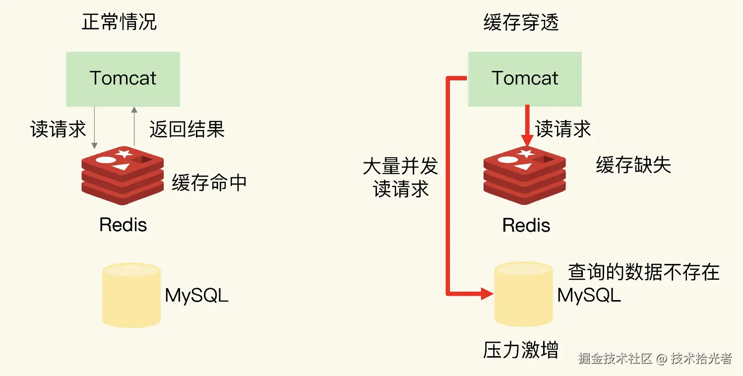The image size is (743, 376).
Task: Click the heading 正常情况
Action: click(x=120, y=22)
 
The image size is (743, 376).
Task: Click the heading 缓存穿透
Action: click(x=521, y=22)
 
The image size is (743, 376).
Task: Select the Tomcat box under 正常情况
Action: click(x=123, y=78)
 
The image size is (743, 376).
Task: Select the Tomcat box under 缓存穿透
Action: click(x=525, y=78)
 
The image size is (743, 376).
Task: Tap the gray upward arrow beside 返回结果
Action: click(x=133, y=126)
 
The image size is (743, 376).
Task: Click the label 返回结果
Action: click(x=187, y=129)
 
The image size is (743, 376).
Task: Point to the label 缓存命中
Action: click(x=209, y=183)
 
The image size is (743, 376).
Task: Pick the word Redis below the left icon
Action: click(x=123, y=225)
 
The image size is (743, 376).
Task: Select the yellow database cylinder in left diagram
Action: click(x=131, y=295)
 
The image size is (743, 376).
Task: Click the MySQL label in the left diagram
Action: click(x=196, y=296)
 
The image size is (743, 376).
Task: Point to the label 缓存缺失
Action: click(x=633, y=165)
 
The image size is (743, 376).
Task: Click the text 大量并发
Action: click(x=400, y=166)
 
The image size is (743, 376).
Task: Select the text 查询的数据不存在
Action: click(x=643, y=272)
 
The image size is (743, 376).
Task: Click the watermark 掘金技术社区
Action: click(x=615, y=359)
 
